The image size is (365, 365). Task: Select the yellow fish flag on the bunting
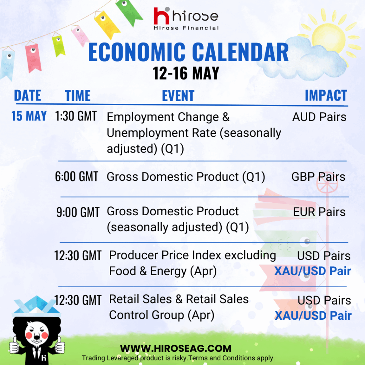click(107, 25)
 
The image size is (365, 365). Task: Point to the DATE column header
click(27, 96)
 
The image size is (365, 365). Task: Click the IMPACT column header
click(326, 96)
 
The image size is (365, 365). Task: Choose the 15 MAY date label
click(29, 116)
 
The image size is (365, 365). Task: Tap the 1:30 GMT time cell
click(76, 116)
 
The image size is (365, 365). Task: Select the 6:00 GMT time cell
click(76, 176)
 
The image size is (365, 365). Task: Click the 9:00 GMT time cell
click(78, 212)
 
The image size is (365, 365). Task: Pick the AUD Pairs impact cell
click(319, 117)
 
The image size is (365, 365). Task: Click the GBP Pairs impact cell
click(318, 177)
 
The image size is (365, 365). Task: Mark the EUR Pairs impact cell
click(319, 212)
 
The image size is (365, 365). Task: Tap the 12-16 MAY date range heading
click(186, 73)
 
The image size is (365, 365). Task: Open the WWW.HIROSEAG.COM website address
click(176, 349)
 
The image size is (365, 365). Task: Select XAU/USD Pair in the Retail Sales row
click(313, 316)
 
